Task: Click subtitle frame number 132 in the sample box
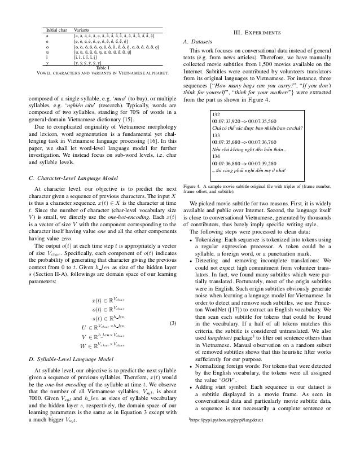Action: pyautogui.click(x=215, y=113)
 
